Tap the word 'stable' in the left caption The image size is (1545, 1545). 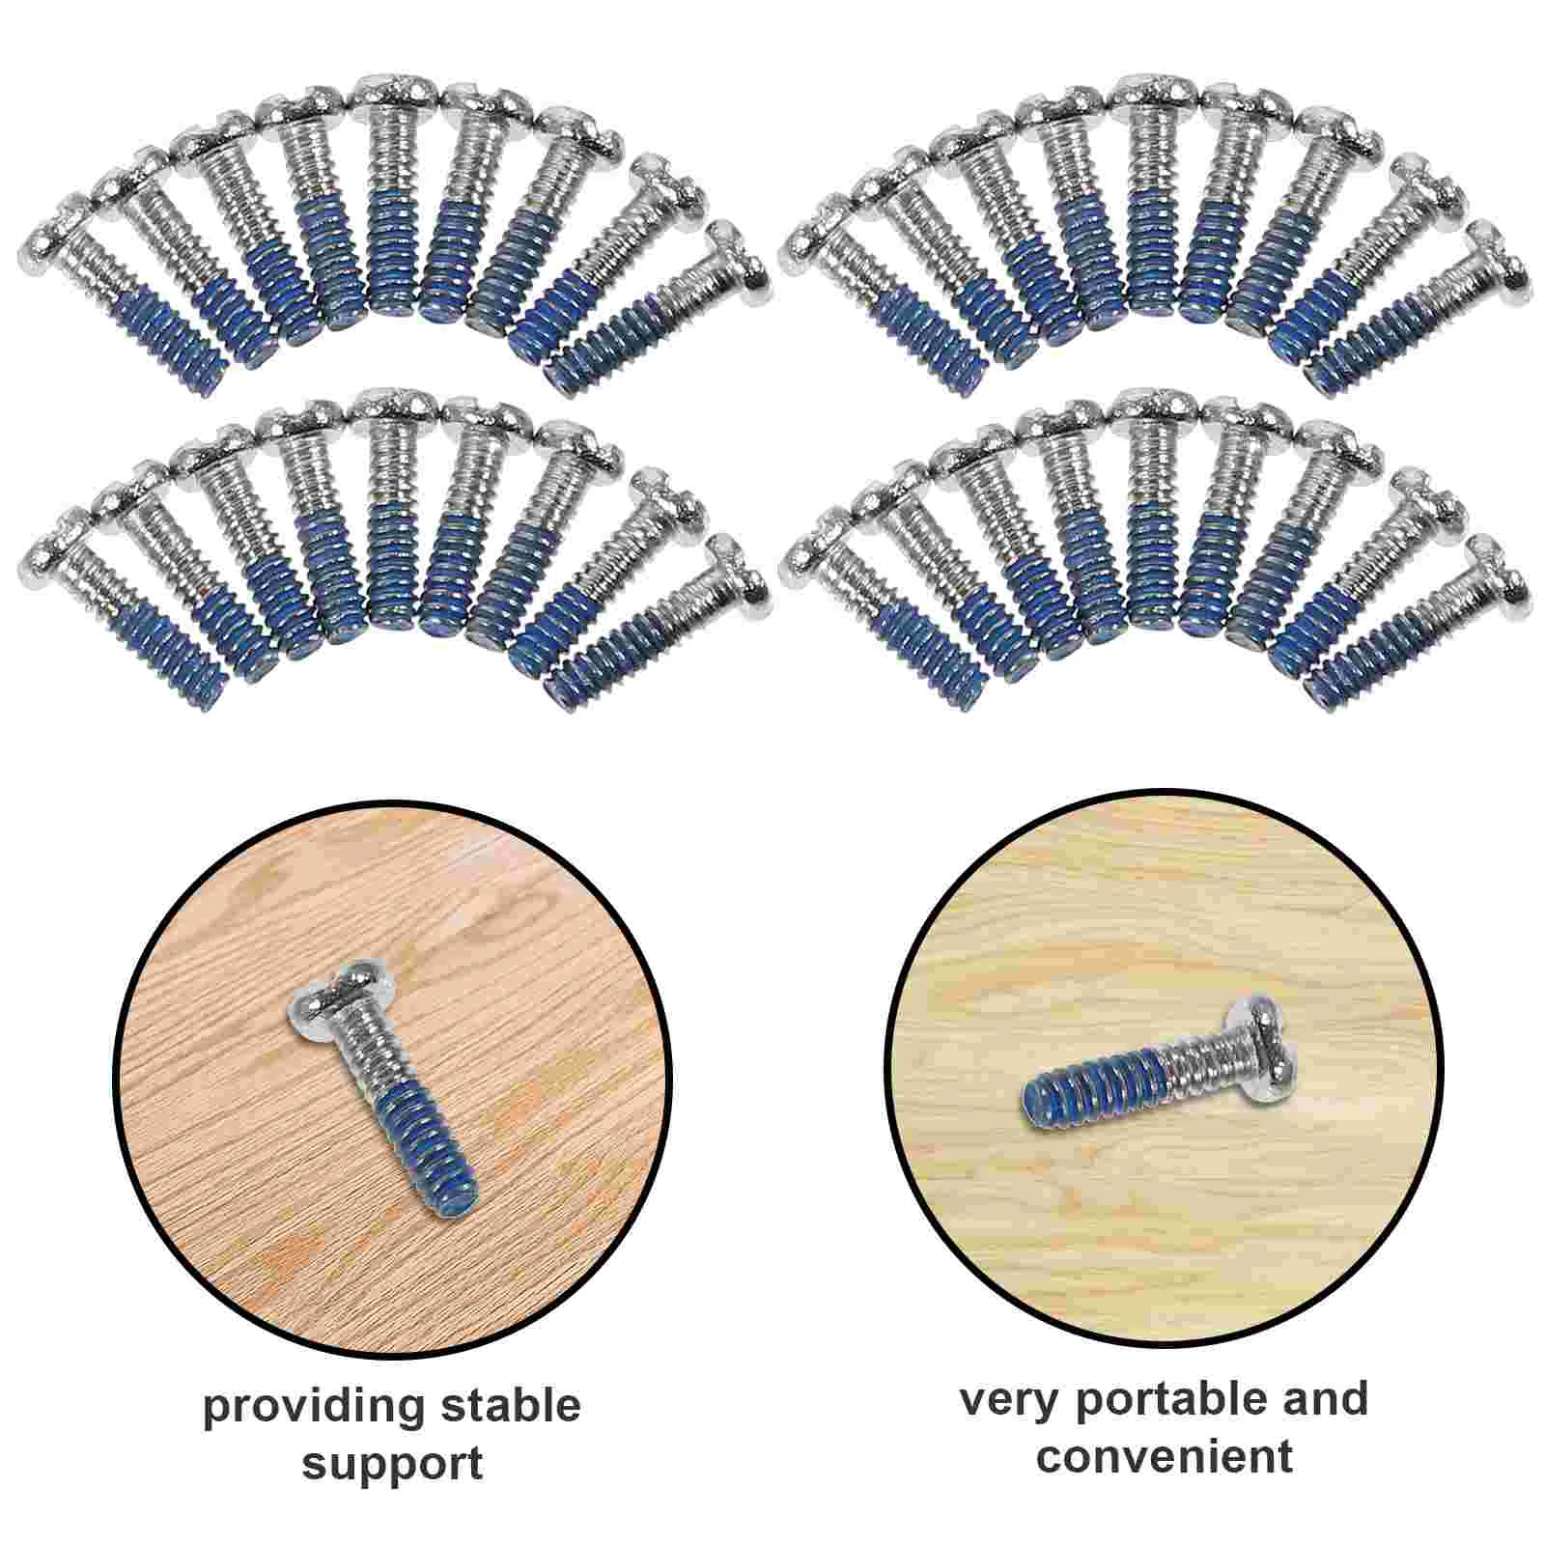point(511,1406)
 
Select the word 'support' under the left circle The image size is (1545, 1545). point(392,1464)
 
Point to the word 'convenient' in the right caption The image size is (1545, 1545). point(1164,1456)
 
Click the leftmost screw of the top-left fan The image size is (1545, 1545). point(126,299)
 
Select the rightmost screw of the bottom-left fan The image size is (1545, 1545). point(657,623)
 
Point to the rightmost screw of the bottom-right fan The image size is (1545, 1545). point(1419,623)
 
